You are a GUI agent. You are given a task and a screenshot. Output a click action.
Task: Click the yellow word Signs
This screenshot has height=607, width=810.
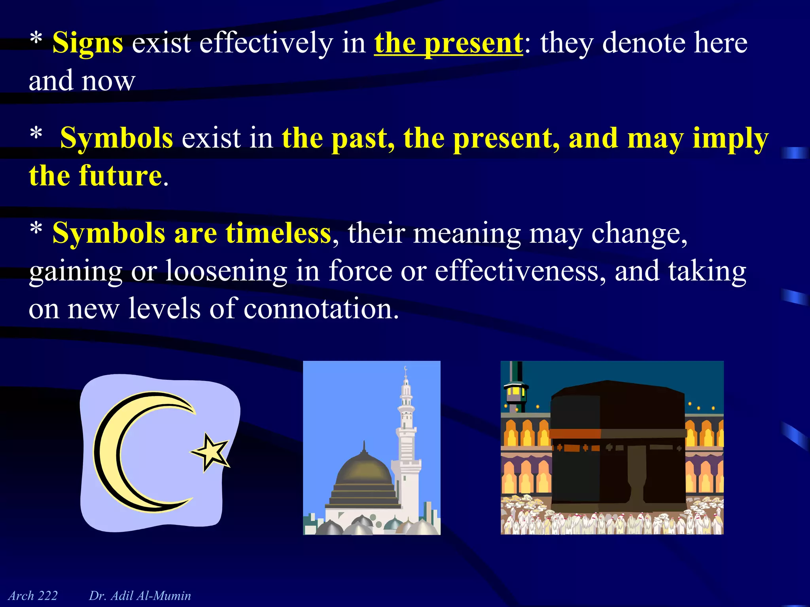(x=87, y=43)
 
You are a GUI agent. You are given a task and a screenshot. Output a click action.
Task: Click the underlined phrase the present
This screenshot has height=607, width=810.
(x=448, y=43)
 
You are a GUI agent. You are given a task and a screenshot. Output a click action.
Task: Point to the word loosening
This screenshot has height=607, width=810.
(x=226, y=271)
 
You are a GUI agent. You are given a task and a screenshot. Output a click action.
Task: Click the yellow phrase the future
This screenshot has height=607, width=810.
(x=95, y=175)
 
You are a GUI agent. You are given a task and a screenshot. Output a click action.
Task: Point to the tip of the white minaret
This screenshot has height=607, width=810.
(x=405, y=369)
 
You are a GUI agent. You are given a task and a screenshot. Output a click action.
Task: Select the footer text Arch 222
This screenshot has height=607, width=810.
(x=33, y=596)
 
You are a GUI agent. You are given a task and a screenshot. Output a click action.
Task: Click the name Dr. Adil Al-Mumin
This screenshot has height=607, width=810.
(x=140, y=596)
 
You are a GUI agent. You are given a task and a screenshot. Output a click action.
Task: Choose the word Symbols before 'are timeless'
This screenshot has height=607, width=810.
(x=109, y=233)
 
